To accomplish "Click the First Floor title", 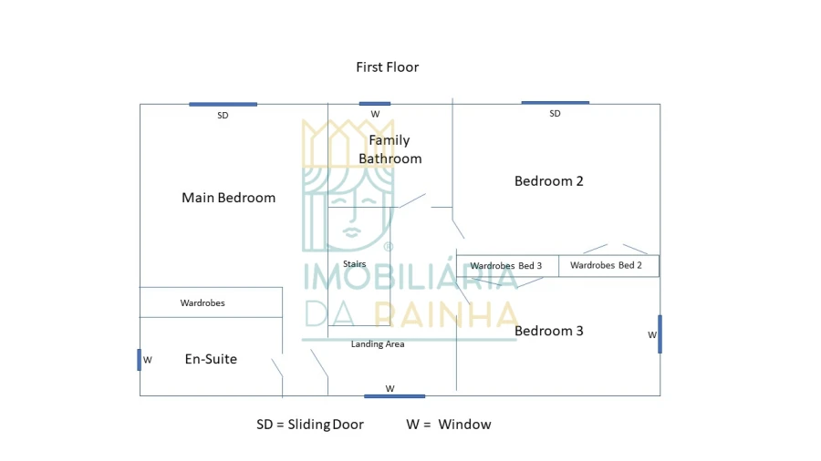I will (x=388, y=67).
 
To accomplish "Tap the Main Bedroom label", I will (x=228, y=198).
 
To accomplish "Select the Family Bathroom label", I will (x=390, y=149).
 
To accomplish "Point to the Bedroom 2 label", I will (x=548, y=181).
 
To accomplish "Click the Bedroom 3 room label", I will (x=548, y=331).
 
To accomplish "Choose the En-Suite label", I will (x=211, y=359).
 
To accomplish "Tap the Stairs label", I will (x=354, y=264).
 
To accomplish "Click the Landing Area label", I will (x=378, y=344).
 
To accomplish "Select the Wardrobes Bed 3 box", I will (x=507, y=266).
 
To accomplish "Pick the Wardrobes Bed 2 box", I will (x=608, y=266).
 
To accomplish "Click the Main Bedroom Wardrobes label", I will (x=203, y=302).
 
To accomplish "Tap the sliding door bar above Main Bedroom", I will (x=223, y=104).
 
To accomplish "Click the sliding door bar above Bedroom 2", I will (x=555, y=102).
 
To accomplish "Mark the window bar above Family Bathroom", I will (x=375, y=104).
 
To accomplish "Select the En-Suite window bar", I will (x=140, y=360).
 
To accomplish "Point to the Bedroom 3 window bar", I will (x=660, y=334).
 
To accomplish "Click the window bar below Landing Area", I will (x=394, y=395).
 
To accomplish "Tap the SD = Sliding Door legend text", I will (x=310, y=425).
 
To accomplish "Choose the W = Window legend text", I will (x=449, y=425).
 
